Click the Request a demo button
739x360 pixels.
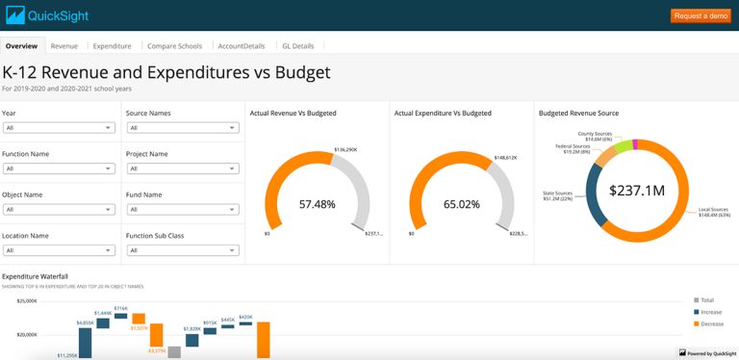[701, 15]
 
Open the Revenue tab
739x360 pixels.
[64, 45]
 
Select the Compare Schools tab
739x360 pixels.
[174, 45]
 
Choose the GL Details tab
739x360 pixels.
[297, 45]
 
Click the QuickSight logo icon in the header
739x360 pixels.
[15, 15]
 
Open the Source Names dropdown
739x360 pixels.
[182, 127]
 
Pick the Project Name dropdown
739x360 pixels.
[182, 168]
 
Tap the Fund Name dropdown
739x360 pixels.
[182, 209]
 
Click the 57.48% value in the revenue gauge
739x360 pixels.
[317, 204]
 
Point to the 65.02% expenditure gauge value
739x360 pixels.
[461, 204]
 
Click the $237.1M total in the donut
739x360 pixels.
[636, 191]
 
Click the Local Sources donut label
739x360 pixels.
[712, 212]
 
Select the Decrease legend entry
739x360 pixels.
[713, 323]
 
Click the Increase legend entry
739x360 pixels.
[713, 312]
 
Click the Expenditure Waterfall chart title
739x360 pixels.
[35, 276]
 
